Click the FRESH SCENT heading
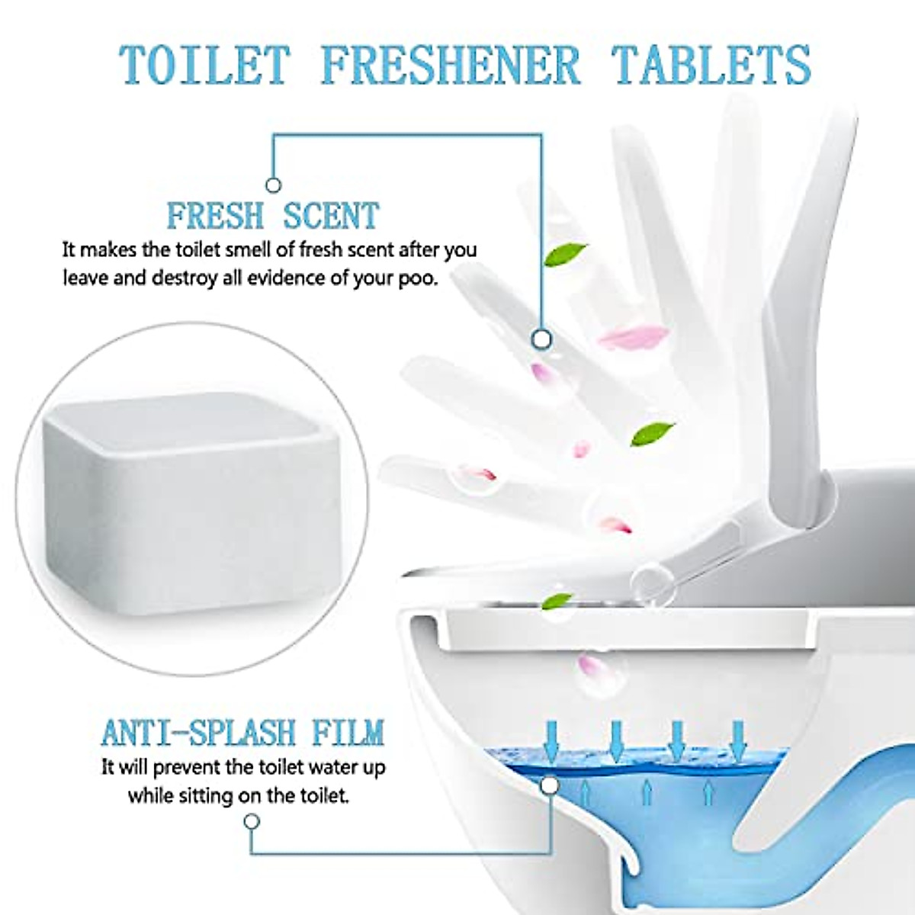coord(273,216)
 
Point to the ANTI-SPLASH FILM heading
coord(242,733)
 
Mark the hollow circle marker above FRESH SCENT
coord(273,185)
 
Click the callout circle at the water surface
coord(548,785)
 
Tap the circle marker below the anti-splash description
coord(252,821)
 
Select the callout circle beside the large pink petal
coord(541,339)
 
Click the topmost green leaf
coord(565,254)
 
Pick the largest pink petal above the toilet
coord(632,336)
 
